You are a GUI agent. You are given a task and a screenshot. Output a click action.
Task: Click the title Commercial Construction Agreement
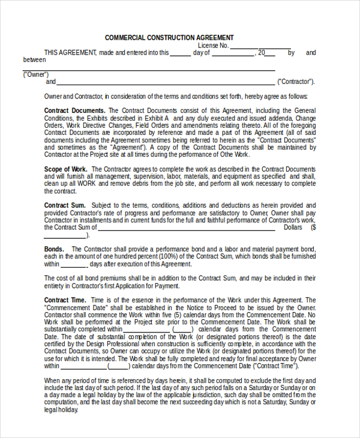click(169, 38)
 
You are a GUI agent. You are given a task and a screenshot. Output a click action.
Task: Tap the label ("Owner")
click(35, 74)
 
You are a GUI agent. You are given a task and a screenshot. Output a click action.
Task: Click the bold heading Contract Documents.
click(75, 110)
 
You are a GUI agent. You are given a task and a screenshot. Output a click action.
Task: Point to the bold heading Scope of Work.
click(66, 169)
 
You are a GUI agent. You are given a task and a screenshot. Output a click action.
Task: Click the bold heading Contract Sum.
click(65, 205)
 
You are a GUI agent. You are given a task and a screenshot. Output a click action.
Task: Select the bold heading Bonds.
click(54, 249)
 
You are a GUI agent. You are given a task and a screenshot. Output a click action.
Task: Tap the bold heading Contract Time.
click(65, 300)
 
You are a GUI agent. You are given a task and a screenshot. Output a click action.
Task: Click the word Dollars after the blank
click(293, 227)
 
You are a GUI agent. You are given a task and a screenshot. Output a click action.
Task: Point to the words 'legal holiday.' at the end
click(61, 410)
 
